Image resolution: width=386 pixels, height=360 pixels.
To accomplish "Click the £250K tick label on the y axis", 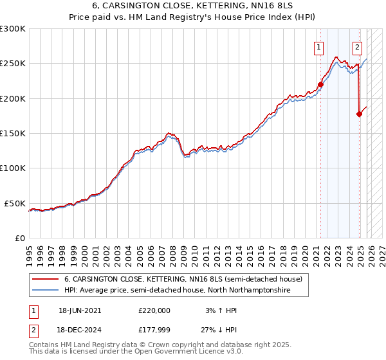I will (12, 64).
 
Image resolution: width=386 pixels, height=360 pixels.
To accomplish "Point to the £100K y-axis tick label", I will (12, 168).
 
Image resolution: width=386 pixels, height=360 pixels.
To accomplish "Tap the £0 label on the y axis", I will (19, 238).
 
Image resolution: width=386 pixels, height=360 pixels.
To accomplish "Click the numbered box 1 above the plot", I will (319, 47).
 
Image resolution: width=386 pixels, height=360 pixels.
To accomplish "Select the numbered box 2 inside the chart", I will (358, 47).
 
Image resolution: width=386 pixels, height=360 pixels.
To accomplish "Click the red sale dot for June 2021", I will (320, 84).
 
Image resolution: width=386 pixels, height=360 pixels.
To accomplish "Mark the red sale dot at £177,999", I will (359, 114).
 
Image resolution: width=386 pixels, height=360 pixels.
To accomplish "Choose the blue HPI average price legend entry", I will (177, 291).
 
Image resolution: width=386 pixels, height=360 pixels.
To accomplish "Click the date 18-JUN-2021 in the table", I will (80, 310).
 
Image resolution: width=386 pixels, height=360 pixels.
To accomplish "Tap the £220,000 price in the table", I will (154, 310).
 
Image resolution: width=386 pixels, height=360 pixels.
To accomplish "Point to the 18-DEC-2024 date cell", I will (80, 330).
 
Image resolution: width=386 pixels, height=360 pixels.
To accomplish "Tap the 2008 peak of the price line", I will (169, 133).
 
